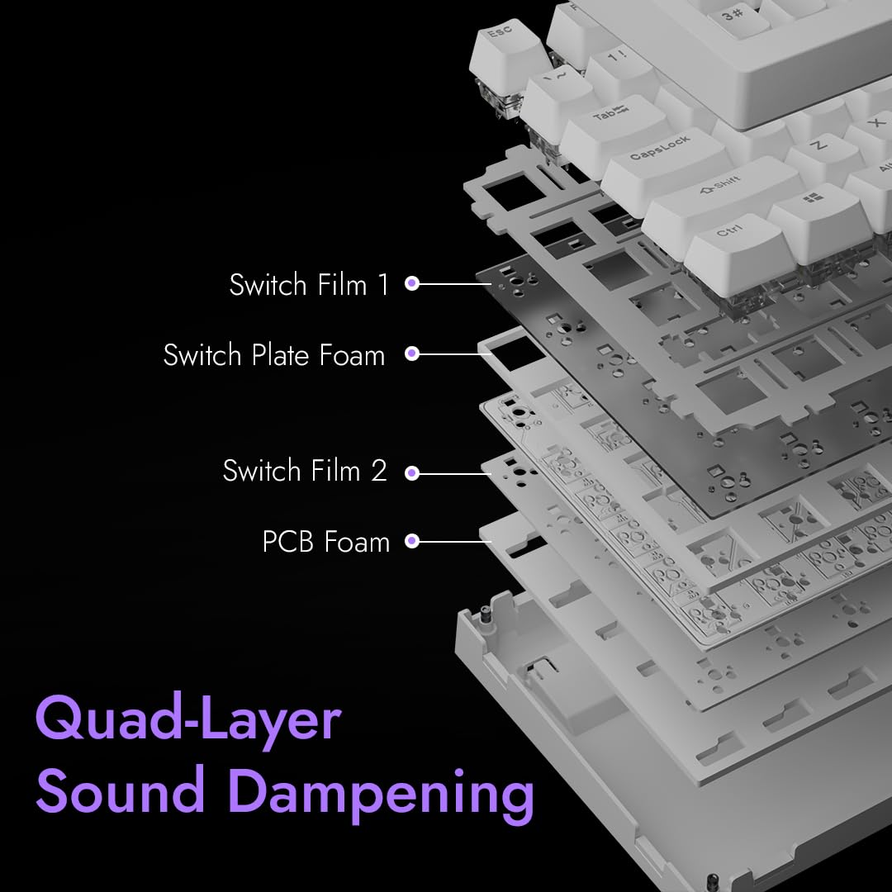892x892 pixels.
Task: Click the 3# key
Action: (731, 14)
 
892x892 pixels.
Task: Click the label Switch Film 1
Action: (309, 285)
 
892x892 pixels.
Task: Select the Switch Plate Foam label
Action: (274, 355)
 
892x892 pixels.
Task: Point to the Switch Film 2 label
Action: (305, 471)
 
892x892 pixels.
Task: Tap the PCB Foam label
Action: (325, 542)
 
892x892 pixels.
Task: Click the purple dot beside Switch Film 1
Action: (412, 284)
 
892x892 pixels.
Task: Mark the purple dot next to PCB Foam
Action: (412, 542)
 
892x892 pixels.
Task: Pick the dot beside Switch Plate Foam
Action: (412, 354)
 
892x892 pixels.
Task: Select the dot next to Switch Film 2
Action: (412, 473)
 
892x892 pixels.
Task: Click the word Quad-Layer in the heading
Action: (188, 720)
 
